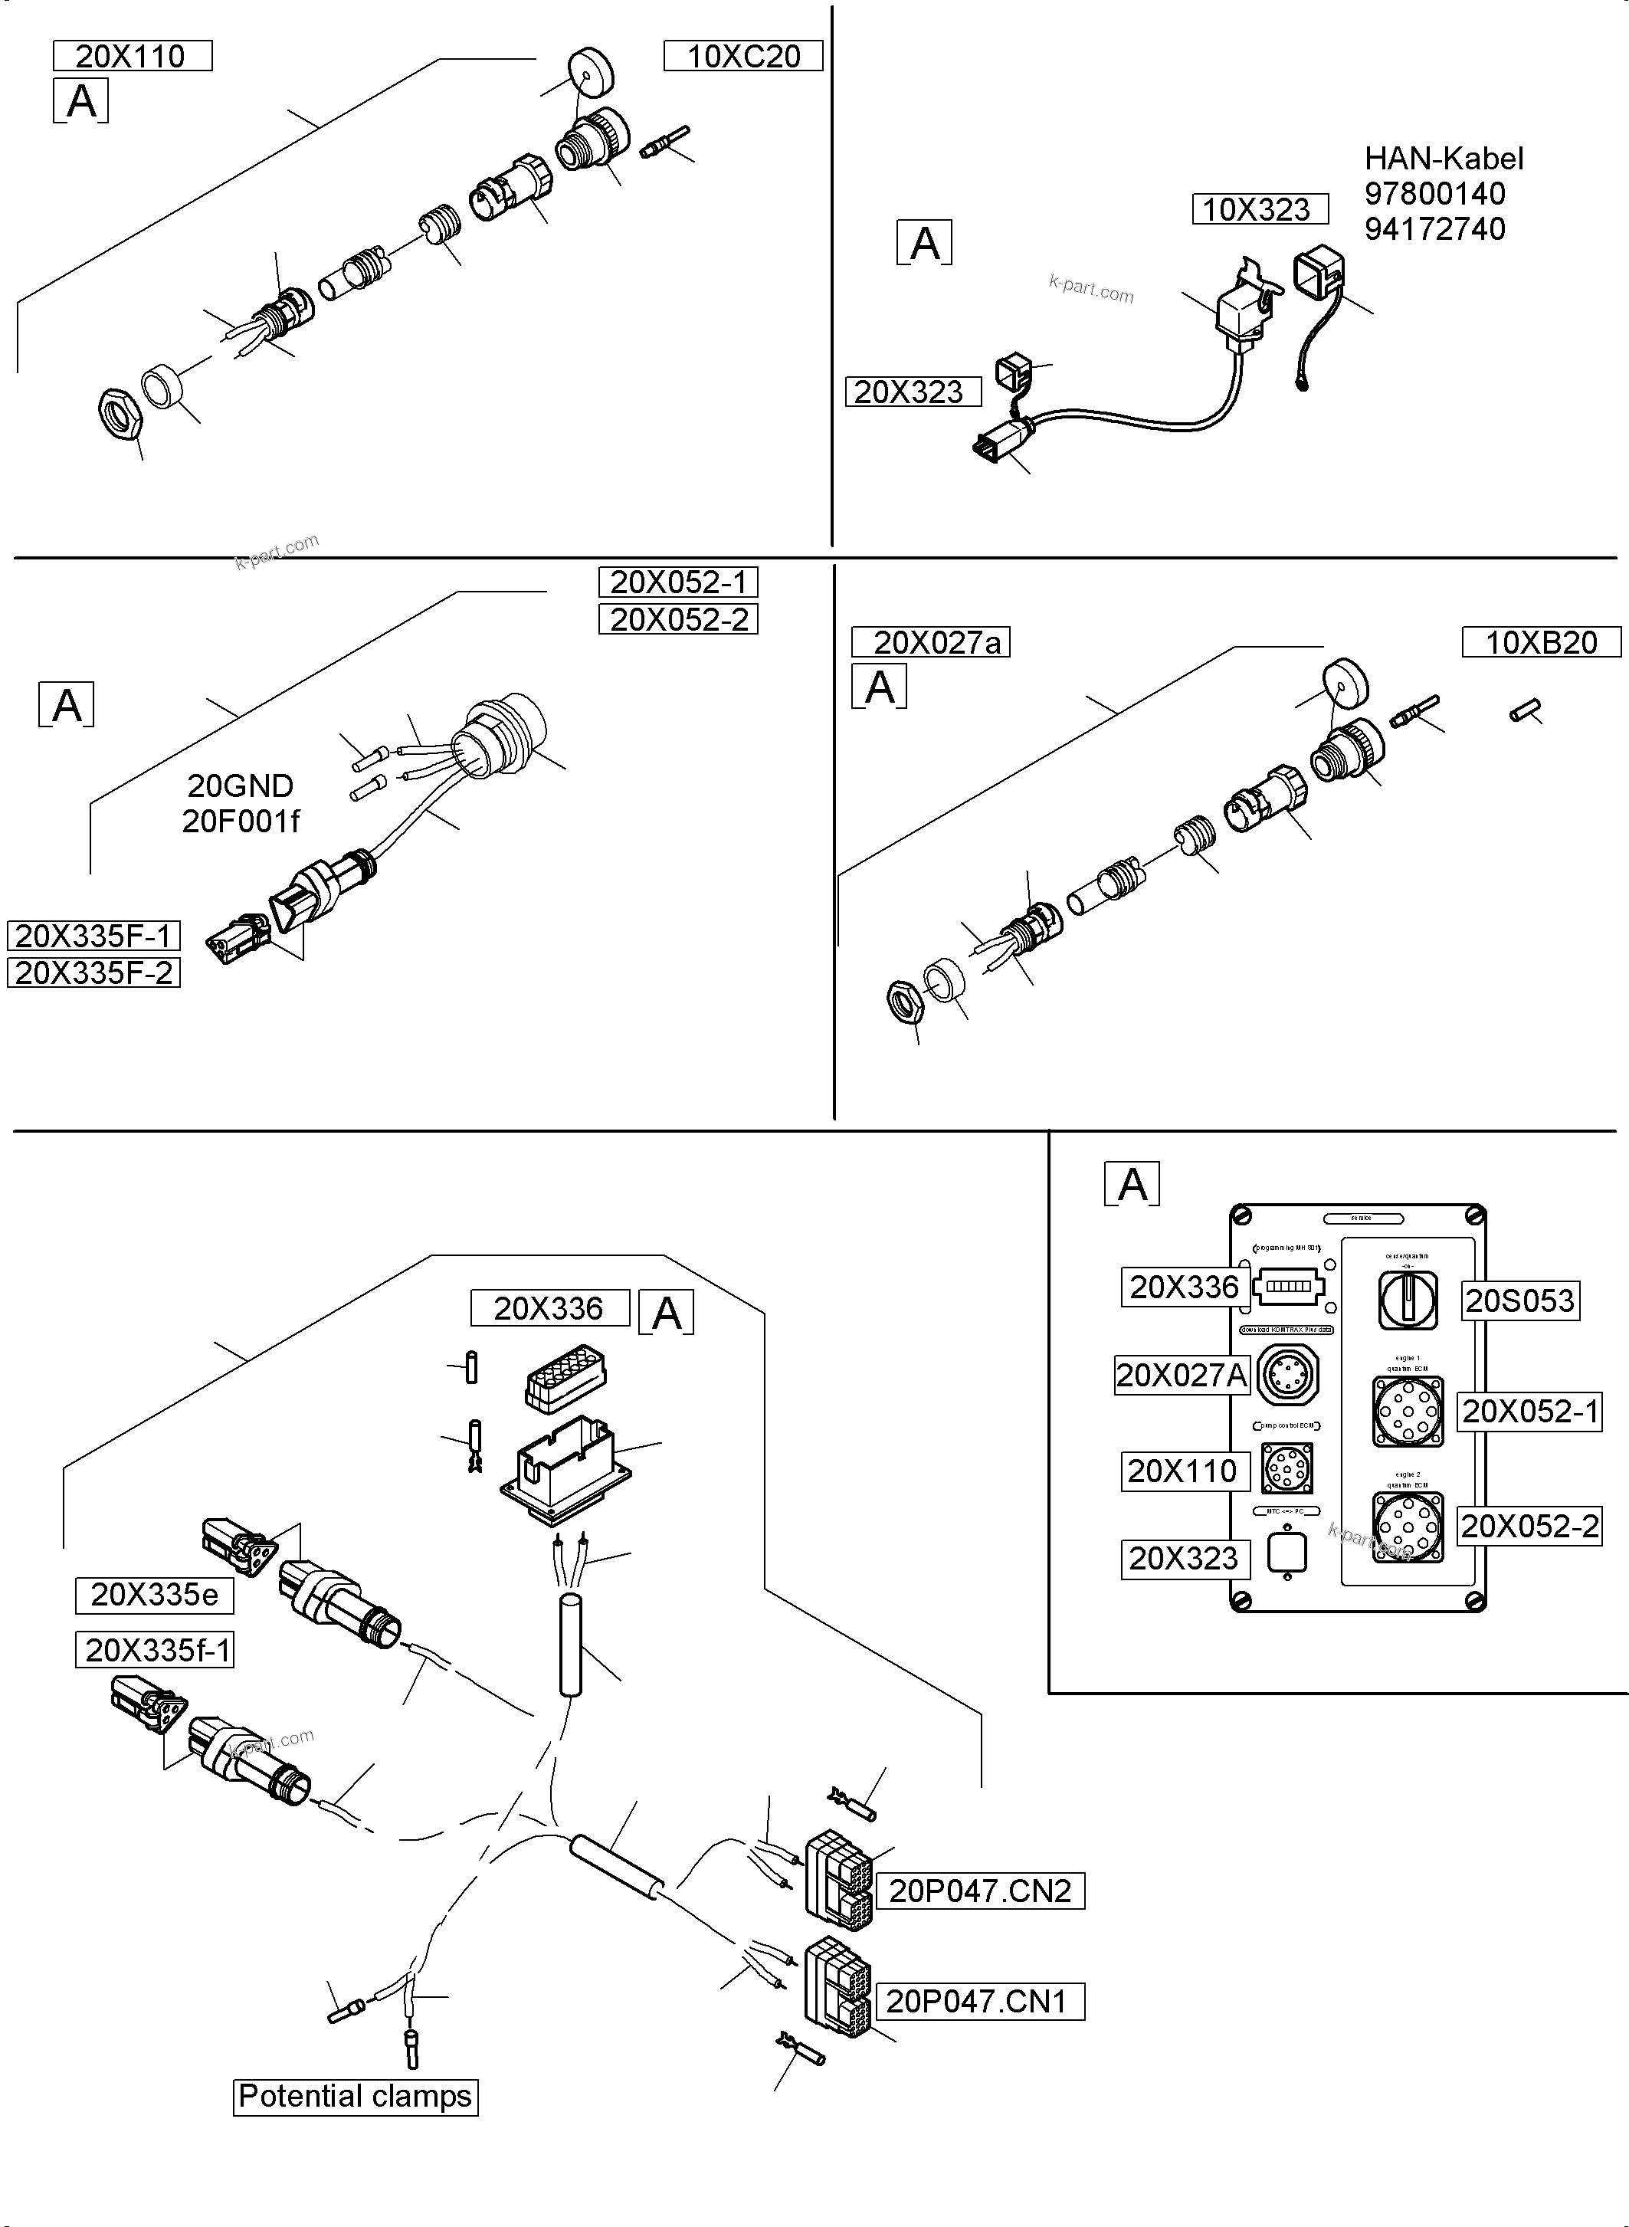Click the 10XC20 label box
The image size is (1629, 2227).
pos(742,56)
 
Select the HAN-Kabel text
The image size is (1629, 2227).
pos(1444,159)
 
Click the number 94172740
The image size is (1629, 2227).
pos(1434,229)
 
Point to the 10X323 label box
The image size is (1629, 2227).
pos(1259,209)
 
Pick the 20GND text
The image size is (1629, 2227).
pos(241,786)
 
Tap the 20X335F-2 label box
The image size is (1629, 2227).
pos(93,972)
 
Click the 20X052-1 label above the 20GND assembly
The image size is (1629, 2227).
pos(678,582)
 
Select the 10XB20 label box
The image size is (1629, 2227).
pos(1540,642)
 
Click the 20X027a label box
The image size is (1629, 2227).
pos(930,642)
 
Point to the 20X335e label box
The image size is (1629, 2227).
pos(155,1594)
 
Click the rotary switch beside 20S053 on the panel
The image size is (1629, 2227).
pos(1407,1299)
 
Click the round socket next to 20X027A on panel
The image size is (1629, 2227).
pos(1288,1375)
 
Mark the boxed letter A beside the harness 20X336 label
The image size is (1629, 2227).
pos(667,1313)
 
